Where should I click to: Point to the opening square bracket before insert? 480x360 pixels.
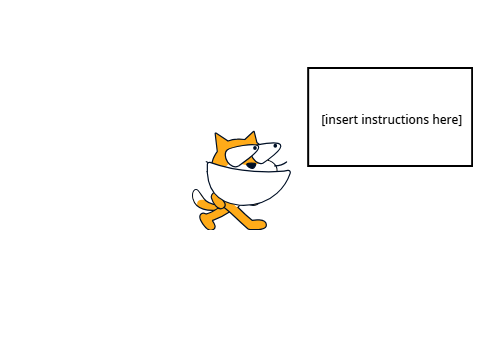(323, 120)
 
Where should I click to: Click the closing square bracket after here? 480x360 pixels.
(460, 120)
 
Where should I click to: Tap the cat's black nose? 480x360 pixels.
(251, 165)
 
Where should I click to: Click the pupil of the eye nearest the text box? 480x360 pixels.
(275, 145)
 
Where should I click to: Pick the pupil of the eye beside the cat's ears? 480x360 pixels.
(255, 148)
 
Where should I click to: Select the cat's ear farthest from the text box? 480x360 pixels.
(220, 140)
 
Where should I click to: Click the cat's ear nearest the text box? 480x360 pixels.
(252, 138)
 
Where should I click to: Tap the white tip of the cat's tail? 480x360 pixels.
(197, 196)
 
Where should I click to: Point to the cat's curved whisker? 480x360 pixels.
(282, 164)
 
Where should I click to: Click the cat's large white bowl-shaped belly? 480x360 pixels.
(247, 185)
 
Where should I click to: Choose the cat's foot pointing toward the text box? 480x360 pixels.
(258, 224)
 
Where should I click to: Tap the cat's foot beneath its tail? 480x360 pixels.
(207, 222)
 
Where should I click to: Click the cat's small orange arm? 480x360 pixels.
(218, 201)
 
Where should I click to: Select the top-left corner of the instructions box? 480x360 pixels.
(308, 68)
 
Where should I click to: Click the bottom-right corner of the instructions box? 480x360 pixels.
(472, 165)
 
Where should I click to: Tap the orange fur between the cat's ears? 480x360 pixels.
(236, 143)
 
